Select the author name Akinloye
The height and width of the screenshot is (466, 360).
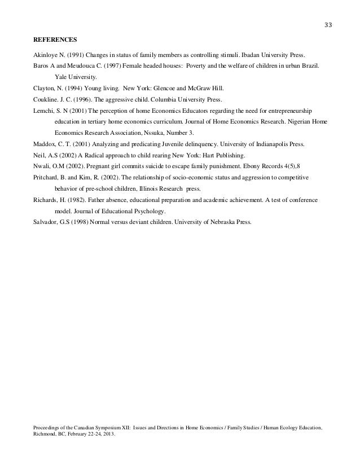(46, 56)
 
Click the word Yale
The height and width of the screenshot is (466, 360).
(62, 77)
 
